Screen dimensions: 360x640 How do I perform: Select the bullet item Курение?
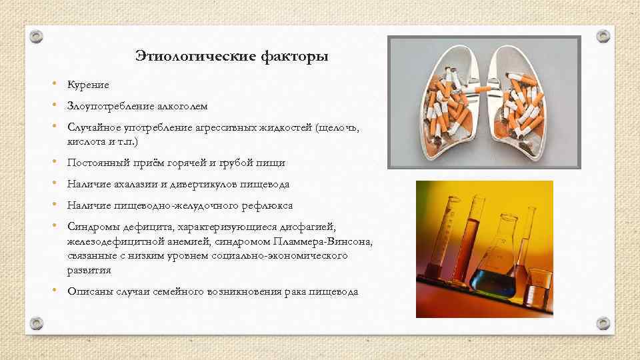(x=88, y=85)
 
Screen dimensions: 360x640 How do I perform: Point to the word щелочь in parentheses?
(x=339, y=127)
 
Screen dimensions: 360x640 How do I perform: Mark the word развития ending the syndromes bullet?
(x=89, y=271)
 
